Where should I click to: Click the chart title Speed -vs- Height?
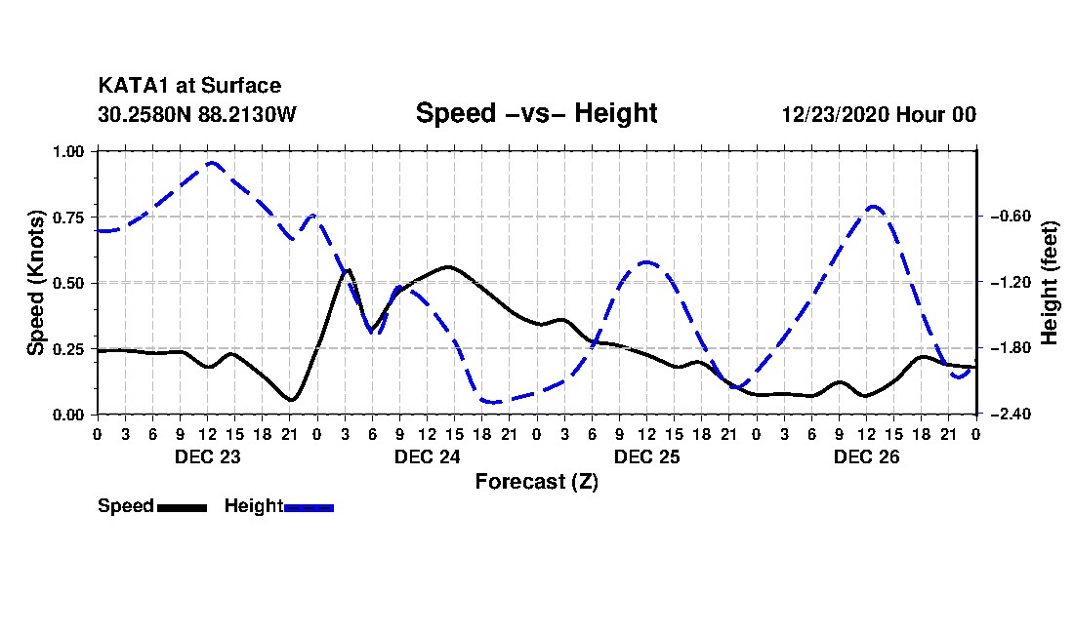coord(536,113)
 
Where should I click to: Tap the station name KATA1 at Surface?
coord(189,86)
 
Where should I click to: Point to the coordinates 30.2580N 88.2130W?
coord(197,114)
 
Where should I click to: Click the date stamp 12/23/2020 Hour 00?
coord(879,114)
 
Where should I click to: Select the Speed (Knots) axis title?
coord(35,283)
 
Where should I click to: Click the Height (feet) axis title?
coord(1049,283)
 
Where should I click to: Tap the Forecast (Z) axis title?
coord(537,482)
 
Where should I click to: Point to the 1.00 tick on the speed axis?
coord(68,151)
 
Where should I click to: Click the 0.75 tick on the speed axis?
coord(68,217)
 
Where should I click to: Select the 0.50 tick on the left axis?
coord(68,283)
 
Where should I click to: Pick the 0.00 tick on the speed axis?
coord(68,415)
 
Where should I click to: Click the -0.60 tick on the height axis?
coord(1011,217)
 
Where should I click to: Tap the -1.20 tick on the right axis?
coord(1011,282)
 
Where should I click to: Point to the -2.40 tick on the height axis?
coord(1011,414)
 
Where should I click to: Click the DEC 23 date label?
coord(208,456)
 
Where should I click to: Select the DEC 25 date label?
coord(646,456)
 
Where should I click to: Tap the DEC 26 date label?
coord(866,456)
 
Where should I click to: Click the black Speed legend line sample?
coord(182,507)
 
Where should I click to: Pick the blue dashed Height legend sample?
coord(309,507)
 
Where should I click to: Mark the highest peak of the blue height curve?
coord(211,163)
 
